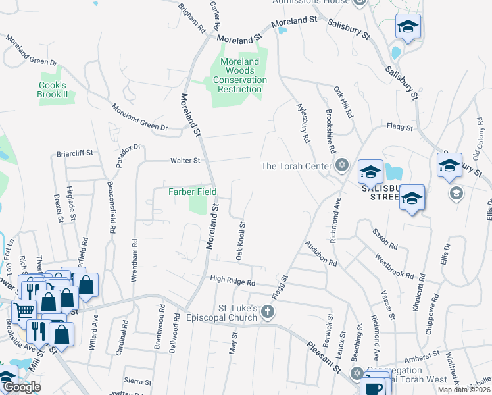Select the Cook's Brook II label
(x=53, y=90)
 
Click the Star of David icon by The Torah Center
(x=341, y=165)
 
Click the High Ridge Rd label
(x=232, y=281)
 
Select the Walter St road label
(x=185, y=160)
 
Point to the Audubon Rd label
(x=321, y=253)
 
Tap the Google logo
(x=22, y=387)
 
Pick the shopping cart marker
(x=24, y=311)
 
